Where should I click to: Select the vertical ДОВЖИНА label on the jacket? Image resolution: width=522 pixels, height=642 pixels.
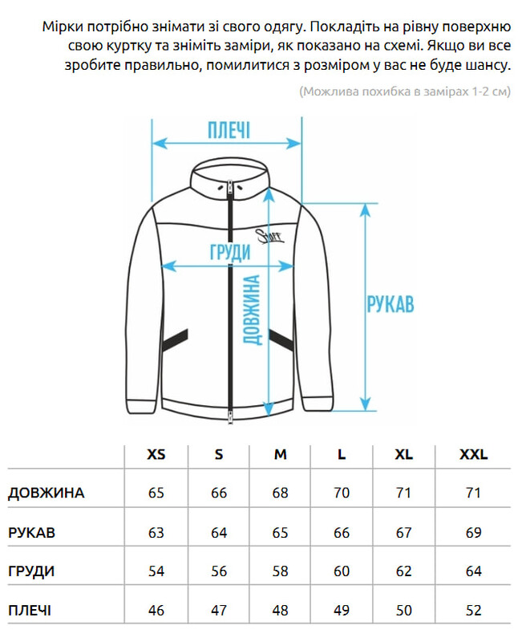252,311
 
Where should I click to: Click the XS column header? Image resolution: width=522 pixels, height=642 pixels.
156,454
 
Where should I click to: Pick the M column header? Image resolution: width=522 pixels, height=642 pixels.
280,454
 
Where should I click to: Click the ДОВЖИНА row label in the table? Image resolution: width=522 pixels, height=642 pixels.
46,493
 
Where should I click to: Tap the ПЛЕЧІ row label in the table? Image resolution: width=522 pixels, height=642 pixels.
30,611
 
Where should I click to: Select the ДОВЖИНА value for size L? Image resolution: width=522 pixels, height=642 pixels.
342,493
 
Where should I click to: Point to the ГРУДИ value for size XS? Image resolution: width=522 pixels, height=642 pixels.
156,571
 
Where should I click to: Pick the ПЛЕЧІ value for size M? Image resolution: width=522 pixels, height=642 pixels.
280,611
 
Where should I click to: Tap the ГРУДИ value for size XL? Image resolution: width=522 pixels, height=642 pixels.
404,571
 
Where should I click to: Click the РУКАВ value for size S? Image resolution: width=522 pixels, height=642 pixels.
219,532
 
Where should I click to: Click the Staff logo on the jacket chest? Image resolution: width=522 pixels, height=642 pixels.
269,234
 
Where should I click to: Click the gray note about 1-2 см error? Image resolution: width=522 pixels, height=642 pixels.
404,91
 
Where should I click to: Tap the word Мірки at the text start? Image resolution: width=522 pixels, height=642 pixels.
63,26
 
